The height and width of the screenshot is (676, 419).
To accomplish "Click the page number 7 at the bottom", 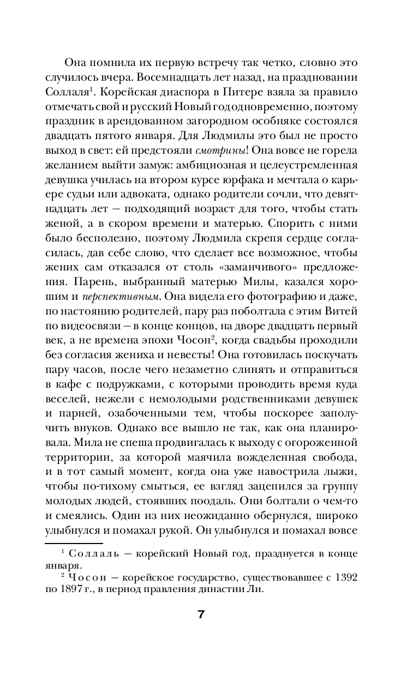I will [x=201, y=615].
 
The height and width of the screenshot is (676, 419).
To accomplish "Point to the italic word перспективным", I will [x=121, y=297].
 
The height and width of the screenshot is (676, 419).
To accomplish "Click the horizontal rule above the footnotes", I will [x=74, y=544].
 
